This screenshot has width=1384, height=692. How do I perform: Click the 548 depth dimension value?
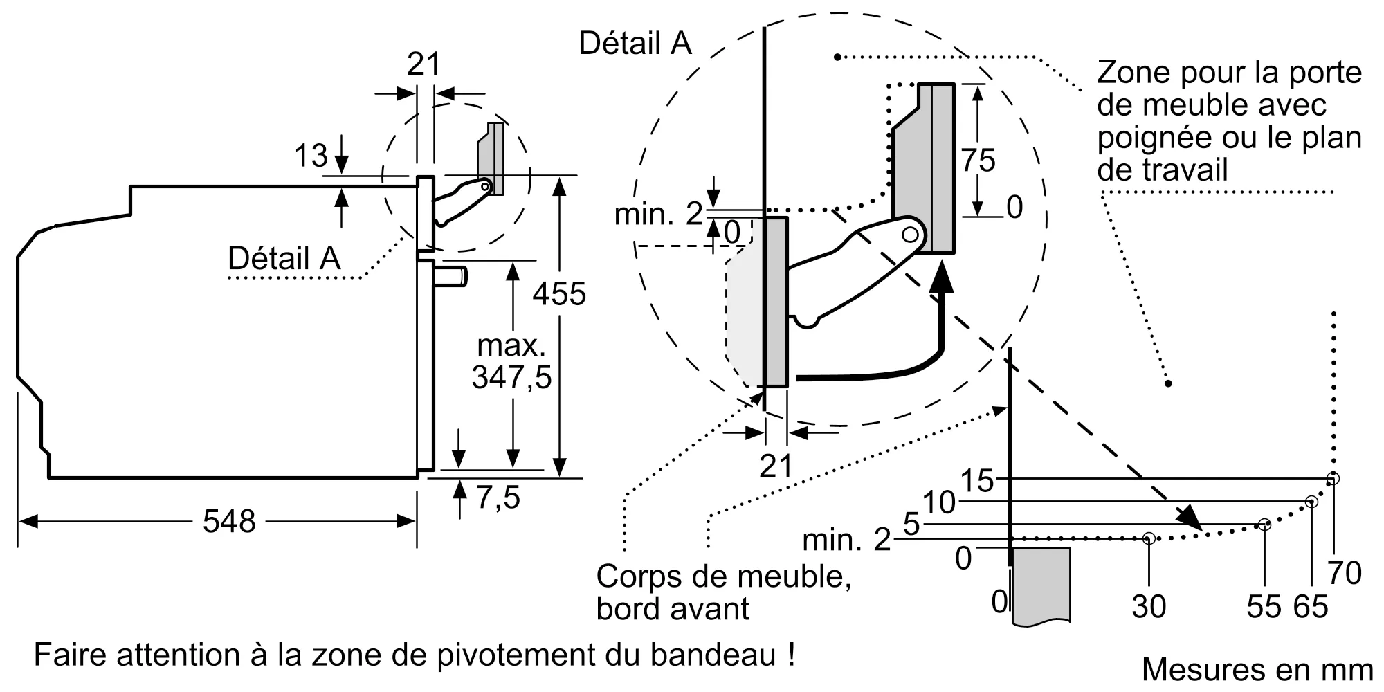229,521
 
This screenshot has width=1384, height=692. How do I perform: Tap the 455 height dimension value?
559,294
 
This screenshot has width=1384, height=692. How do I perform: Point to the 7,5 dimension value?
498,498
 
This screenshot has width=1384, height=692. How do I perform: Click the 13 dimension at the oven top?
311,156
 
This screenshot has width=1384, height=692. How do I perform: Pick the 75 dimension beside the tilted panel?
978,161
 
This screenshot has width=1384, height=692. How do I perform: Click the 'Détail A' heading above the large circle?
635,43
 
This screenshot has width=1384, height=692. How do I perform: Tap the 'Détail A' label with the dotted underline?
284,259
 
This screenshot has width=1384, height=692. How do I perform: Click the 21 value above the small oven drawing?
424,64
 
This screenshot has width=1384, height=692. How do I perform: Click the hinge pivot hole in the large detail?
911,235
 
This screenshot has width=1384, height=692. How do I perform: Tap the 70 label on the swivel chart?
1345,573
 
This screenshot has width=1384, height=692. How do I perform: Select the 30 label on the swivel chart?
1149,607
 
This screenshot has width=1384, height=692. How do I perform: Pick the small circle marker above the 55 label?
1264,525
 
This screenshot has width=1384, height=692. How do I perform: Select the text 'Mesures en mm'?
1257,669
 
